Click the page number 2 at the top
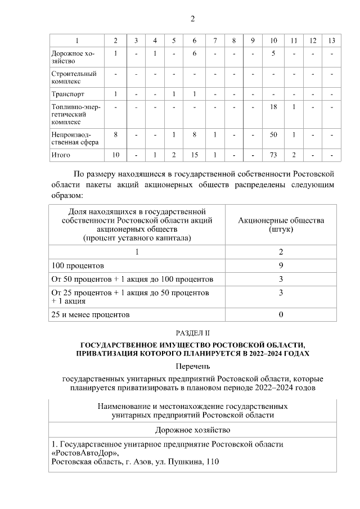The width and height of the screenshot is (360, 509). point(192,19)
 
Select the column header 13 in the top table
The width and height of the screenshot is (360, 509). point(332,40)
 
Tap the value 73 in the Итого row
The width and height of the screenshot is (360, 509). point(273,154)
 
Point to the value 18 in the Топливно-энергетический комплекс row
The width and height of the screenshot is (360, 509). point(273,107)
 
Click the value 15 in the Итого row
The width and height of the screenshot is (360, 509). point(194,154)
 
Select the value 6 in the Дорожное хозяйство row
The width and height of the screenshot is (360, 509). point(194,53)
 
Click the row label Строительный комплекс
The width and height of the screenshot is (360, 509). point(66,77)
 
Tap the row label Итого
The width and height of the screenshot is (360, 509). point(61,154)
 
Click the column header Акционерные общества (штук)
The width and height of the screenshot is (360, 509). point(281,225)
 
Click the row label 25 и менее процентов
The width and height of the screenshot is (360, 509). point(91,314)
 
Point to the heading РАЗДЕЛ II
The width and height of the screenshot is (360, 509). point(192,333)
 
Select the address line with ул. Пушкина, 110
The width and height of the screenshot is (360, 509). point(134,462)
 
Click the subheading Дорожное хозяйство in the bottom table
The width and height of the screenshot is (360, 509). point(192,430)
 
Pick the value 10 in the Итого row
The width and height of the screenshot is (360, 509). point(115,154)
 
